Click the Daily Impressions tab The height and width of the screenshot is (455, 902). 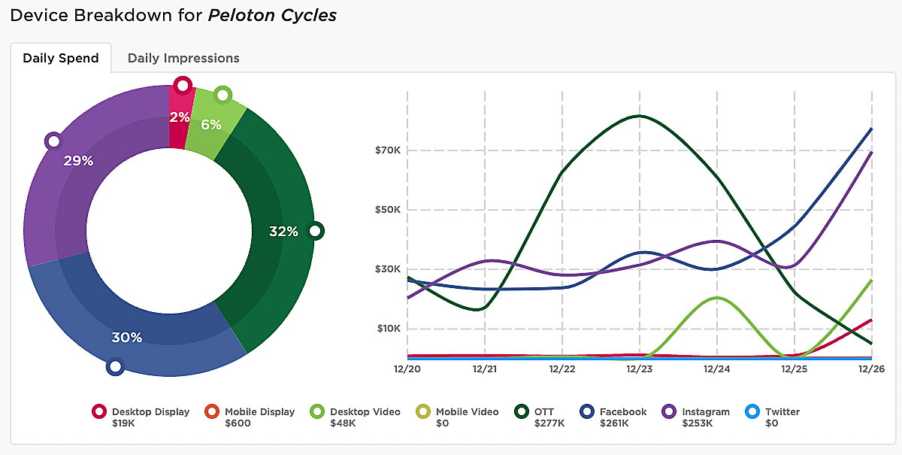tap(183, 58)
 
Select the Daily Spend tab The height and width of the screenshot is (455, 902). tap(61, 58)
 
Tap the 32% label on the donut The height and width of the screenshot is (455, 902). tap(283, 232)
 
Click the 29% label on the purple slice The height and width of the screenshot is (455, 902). tap(78, 160)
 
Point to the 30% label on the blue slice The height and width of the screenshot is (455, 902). tap(127, 338)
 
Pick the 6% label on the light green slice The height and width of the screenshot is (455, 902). tap(211, 125)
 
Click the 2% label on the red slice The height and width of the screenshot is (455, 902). tap(180, 117)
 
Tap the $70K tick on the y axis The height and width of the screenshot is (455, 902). tap(388, 150)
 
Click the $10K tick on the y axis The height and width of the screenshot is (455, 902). tap(388, 329)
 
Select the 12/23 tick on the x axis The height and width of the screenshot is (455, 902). tap(640, 369)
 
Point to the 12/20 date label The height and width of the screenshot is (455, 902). tap(407, 369)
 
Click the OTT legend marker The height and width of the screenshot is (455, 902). tap(521, 411)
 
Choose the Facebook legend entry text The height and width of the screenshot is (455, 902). tap(623, 411)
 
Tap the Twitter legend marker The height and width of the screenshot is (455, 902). tap(752, 411)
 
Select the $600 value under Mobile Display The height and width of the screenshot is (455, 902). tap(238, 423)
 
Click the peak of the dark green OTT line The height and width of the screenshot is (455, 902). tap(639, 116)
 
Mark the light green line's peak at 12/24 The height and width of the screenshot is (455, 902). tap(717, 298)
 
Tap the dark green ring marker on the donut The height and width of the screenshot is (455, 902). tap(316, 230)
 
